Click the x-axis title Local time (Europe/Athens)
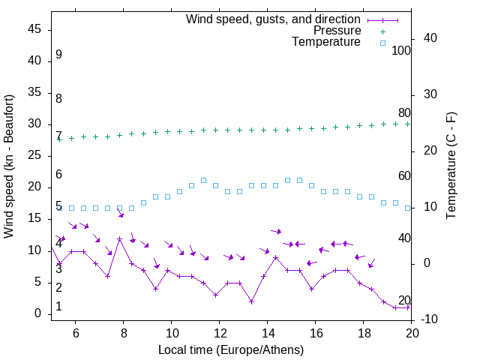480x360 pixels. [x=231, y=349]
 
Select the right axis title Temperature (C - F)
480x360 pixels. [x=451, y=166]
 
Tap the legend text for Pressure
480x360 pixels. [x=337, y=31]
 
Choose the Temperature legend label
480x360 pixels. [x=326, y=42]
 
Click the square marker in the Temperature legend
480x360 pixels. [x=382, y=43]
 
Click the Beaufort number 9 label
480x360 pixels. [x=58, y=55]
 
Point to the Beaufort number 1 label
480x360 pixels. [x=58, y=307]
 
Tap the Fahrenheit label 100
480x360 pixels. [x=401, y=50]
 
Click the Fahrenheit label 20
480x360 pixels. [x=404, y=300]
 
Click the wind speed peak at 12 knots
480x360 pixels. [x=119, y=238]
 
